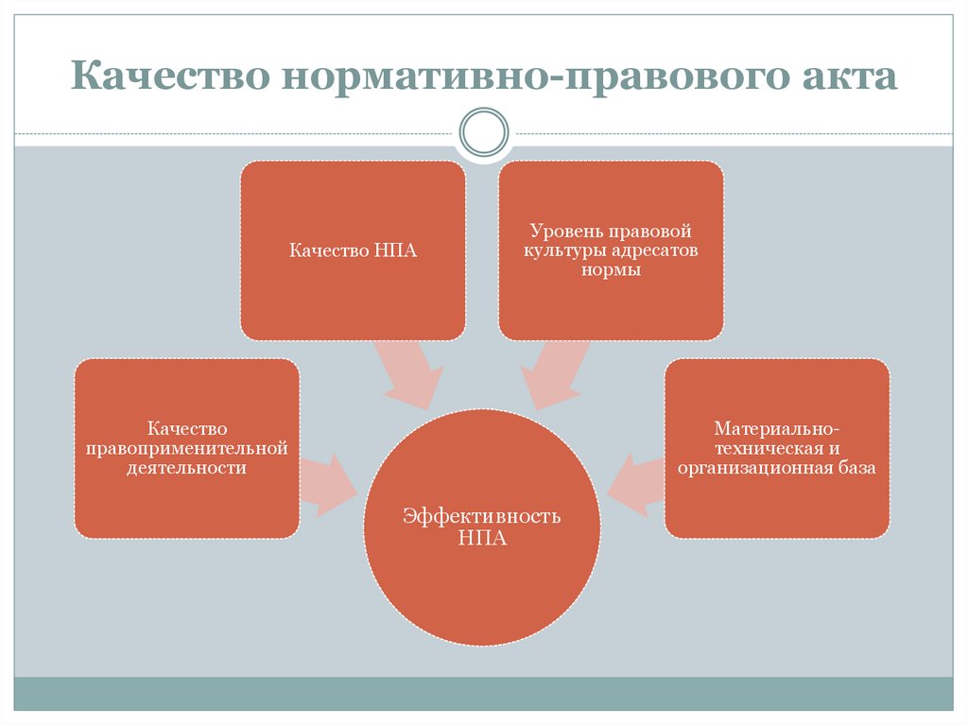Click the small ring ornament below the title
(483, 131)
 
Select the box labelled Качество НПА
(353, 250)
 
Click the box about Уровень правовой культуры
(611, 250)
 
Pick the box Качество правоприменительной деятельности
(187, 448)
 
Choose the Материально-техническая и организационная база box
(777, 448)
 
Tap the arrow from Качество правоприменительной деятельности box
(327, 484)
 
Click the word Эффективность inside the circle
(482, 517)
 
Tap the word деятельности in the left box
(187, 467)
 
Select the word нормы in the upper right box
(611, 270)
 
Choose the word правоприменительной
(187, 448)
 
